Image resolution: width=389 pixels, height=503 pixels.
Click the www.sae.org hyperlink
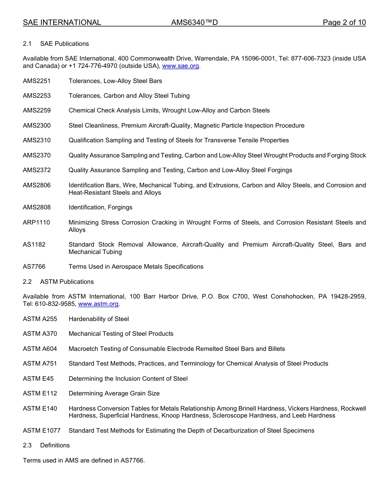tap(180, 66)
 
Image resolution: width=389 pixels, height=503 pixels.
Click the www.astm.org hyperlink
tap(98, 304)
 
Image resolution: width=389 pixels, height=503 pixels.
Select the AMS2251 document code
tap(37, 81)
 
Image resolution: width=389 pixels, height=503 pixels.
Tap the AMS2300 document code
tap(37, 126)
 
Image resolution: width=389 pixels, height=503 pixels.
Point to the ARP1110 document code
tap(36, 222)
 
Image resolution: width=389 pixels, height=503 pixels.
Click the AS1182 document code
tap(34, 245)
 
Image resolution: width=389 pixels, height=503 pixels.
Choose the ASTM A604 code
tap(40, 349)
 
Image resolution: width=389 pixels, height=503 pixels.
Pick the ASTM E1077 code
tap(42, 430)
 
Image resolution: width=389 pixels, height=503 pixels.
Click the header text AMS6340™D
tap(194, 22)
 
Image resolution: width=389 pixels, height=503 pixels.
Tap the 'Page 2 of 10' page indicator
tap(344, 22)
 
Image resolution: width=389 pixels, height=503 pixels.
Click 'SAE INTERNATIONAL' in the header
tap(62, 22)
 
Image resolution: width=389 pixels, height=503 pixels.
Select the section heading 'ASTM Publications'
tap(67, 282)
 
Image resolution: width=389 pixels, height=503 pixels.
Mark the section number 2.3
tap(27, 445)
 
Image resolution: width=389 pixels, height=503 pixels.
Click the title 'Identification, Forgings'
tap(100, 207)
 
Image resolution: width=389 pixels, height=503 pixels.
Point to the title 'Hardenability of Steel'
tap(99, 319)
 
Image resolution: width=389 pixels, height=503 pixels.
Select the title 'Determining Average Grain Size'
tap(114, 393)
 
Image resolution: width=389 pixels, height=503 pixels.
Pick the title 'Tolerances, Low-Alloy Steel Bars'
tap(115, 81)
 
